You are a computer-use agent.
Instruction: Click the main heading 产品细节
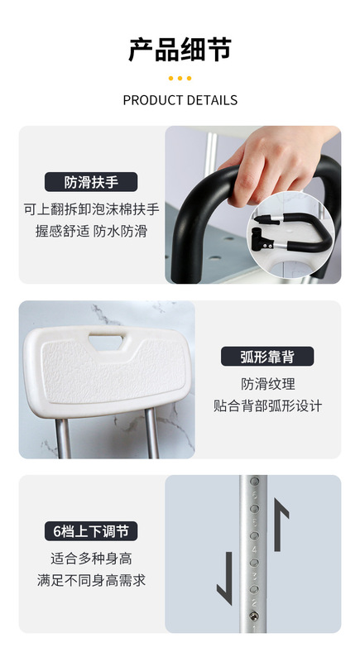pyautogui.click(x=180, y=50)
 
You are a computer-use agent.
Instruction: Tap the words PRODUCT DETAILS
pyautogui.click(x=180, y=100)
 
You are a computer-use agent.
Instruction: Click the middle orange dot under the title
pyautogui.click(x=180, y=78)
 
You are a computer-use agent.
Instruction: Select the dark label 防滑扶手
pyautogui.click(x=91, y=182)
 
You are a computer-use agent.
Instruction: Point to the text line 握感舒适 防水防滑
pyautogui.click(x=91, y=232)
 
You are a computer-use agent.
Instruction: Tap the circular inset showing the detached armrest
pyautogui.click(x=291, y=235)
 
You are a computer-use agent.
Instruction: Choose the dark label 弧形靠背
pyautogui.click(x=267, y=357)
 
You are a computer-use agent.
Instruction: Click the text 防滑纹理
pyautogui.click(x=268, y=384)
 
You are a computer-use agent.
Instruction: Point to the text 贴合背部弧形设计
pyautogui.click(x=267, y=405)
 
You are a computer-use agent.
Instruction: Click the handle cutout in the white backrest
pyautogui.click(x=107, y=342)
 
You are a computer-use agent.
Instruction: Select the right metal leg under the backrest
pyautogui.click(x=152, y=433)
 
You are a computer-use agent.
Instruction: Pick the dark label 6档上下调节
pyautogui.click(x=91, y=531)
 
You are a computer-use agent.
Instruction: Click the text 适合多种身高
pyautogui.click(x=91, y=559)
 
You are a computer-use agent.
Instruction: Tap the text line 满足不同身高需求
pyautogui.click(x=91, y=581)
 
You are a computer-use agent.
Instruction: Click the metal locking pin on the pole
pyautogui.click(x=253, y=615)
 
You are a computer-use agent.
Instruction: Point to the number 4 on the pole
pyautogui.click(x=254, y=549)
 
